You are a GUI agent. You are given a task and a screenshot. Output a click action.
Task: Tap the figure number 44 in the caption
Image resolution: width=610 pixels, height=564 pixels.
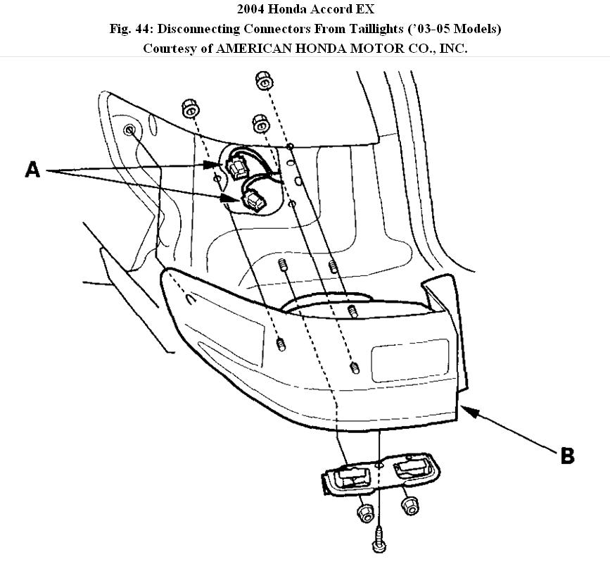click(x=141, y=29)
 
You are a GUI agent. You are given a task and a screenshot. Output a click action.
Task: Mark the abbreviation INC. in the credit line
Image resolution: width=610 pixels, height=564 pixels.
click(x=452, y=49)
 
